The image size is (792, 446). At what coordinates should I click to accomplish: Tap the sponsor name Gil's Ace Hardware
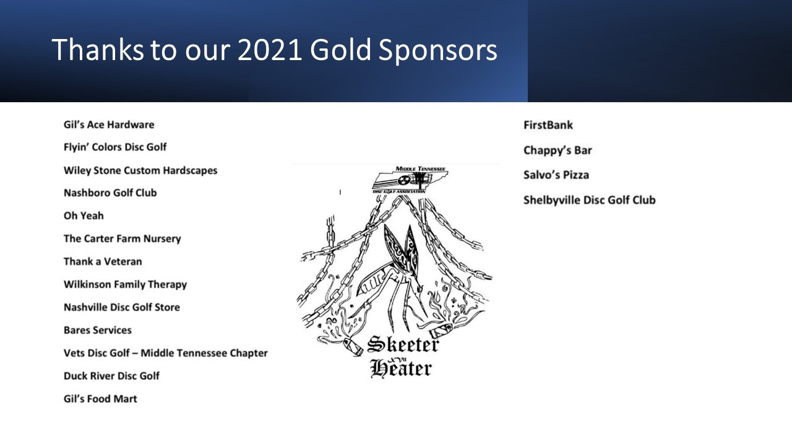coord(109,125)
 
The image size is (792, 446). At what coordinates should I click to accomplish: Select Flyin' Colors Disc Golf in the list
coord(115,147)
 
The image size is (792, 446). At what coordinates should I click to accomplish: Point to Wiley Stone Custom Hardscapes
coord(140,170)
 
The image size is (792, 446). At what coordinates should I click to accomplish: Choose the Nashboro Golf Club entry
coord(110,193)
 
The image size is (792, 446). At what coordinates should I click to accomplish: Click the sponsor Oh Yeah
coord(84,216)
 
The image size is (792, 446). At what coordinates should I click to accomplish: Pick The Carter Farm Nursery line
coord(123,239)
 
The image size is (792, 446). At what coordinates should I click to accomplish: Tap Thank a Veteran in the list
coord(103,261)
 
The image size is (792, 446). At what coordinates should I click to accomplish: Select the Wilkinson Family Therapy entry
coord(125,284)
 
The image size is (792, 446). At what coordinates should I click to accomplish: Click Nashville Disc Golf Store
coord(122,307)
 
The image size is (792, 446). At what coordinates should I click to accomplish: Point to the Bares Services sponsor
coord(98,330)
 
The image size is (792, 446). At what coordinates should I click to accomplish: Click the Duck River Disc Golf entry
coord(111,376)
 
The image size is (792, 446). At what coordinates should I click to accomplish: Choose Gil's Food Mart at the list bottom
coord(100,399)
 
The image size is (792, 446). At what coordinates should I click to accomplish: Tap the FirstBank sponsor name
coord(548,125)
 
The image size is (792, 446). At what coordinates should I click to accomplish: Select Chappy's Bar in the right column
coord(557,151)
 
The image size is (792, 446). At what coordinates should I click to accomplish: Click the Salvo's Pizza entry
coord(556,175)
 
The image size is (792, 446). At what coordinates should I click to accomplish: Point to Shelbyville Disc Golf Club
coord(590,200)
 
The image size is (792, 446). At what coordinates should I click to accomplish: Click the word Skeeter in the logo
coord(403,345)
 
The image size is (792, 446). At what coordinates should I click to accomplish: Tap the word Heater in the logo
coord(401,369)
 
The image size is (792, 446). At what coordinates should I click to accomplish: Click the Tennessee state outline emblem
coord(410,180)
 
